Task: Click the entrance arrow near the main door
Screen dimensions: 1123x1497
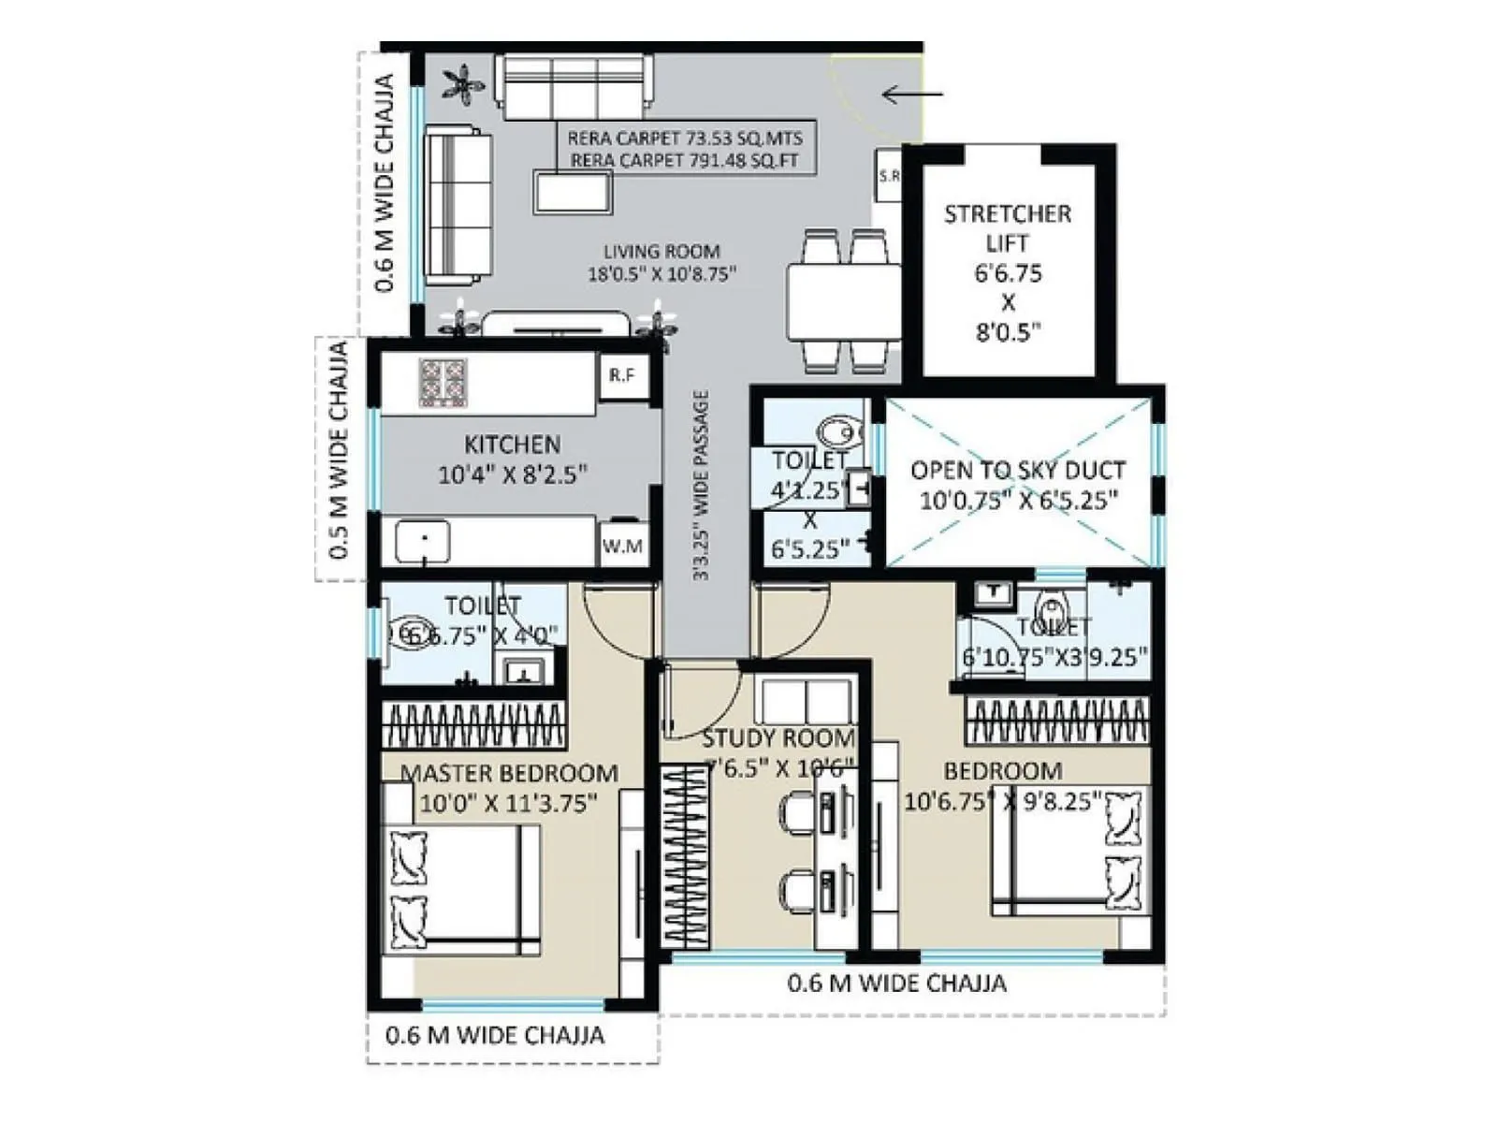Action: click(x=912, y=94)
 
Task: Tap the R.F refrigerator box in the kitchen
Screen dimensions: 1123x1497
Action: click(x=622, y=376)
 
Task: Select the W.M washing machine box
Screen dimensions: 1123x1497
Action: click(x=622, y=546)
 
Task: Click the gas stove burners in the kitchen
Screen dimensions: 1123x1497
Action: click(x=443, y=382)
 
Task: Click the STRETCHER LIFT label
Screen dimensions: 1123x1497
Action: click(x=1008, y=228)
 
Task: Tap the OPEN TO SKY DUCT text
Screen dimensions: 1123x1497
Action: click(x=1018, y=470)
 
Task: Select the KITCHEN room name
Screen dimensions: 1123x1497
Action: click(x=513, y=445)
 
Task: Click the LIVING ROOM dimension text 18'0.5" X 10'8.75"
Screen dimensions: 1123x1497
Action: click(x=661, y=275)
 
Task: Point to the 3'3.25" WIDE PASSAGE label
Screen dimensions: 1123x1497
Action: click(x=702, y=485)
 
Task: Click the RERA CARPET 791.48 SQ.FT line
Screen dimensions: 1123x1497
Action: click(x=685, y=161)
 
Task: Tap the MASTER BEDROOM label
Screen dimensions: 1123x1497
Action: click(x=509, y=774)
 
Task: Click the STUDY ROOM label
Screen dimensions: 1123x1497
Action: click(x=778, y=738)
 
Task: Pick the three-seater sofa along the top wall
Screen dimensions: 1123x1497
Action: click(x=573, y=86)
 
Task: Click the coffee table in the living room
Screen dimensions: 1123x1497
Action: click(x=574, y=192)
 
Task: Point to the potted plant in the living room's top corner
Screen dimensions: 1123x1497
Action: click(x=464, y=85)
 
